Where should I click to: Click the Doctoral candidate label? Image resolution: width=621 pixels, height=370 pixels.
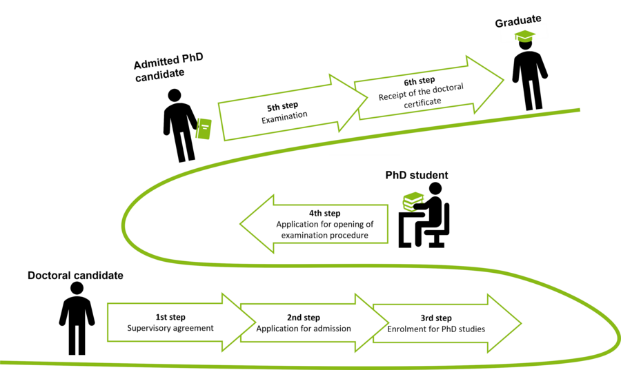75,276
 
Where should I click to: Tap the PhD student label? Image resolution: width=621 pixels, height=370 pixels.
416,175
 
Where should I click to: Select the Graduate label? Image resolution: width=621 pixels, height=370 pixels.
518,21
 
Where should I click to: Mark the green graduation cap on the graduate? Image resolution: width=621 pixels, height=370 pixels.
524,36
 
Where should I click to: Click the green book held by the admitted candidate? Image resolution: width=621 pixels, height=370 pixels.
204,129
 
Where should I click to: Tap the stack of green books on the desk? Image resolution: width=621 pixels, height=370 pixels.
413,201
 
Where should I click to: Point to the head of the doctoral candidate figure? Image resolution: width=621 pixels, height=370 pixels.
77,289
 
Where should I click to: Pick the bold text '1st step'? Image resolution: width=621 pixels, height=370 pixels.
170,317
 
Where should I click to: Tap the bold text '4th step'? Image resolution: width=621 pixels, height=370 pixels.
324,214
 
